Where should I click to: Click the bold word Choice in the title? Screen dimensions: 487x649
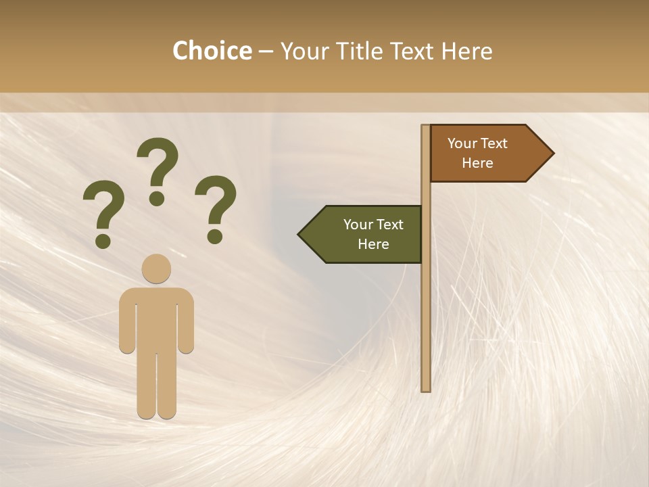pos(212,51)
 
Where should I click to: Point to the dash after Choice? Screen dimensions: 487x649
pos(266,52)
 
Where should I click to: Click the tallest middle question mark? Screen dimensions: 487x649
pos(158,162)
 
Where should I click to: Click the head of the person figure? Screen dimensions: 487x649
pos(157,269)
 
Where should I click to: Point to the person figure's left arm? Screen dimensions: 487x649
pos(127,321)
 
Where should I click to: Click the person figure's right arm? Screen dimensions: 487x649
pos(186,321)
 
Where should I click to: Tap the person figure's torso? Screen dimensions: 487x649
pos(157,318)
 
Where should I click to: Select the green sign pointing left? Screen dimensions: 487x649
pos(365,234)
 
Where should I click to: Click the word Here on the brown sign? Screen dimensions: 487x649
pos(477,163)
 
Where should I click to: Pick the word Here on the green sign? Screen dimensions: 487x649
pos(373,244)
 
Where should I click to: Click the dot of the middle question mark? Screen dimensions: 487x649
pos(157,198)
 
